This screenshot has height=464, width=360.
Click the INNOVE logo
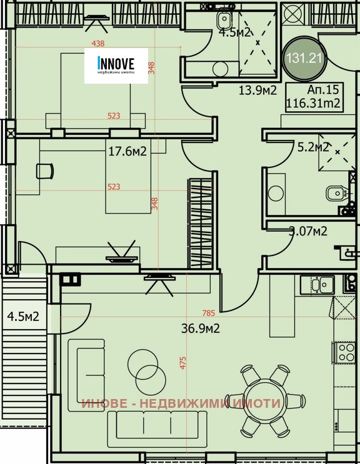pyautogui.click(x=116, y=66)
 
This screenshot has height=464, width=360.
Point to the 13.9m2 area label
pyautogui.click(x=257, y=89)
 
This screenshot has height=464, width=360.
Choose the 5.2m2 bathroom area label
pyautogui.click(x=312, y=147)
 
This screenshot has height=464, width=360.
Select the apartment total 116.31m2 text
pyautogui.click(x=312, y=103)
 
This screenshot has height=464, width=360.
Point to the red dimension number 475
pyautogui.click(x=183, y=364)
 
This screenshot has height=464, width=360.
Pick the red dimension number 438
pyautogui.click(x=97, y=44)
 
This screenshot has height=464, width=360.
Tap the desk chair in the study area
pyautogui.click(x=43, y=170)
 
